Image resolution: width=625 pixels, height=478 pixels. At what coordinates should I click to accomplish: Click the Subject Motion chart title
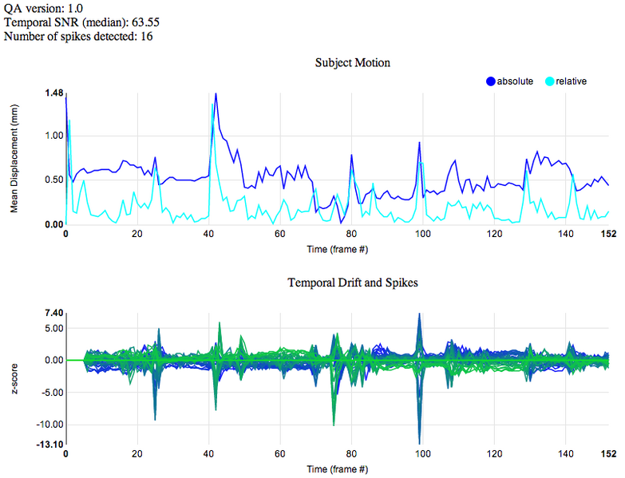click(x=352, y=63)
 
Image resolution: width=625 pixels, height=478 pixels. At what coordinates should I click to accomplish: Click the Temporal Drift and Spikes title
click(x=353, y=282)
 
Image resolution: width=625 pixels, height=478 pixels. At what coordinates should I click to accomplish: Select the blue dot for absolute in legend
click(x=491, y=81)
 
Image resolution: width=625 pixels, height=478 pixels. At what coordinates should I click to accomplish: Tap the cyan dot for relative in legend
click(x=550, y=81)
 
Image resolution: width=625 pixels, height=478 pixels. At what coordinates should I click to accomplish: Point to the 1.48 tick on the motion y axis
click(x=54, y=93)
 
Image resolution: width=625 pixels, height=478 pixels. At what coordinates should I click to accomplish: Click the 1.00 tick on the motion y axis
click(x=54, y=136)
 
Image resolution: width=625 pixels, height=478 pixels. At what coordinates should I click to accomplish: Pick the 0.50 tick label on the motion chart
click(x=54, y=180)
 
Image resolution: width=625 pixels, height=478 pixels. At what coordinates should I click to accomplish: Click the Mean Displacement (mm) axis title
click(x=14, y=159)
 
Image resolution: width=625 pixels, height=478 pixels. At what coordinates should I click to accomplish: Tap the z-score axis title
click(x=14, y=378)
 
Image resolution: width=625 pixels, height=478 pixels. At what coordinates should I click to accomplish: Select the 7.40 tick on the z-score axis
click(x=54, y=313)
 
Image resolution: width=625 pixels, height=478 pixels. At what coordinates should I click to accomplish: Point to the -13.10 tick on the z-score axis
click(x=49, y=444)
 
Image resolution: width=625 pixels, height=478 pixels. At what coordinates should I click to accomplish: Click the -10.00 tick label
click(x=49, y=425)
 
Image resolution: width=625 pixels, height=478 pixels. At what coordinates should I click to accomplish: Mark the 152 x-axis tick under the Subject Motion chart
click(x=609, y=234)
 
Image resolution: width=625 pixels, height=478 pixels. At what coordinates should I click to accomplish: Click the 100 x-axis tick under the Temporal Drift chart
click(x=423, y=454)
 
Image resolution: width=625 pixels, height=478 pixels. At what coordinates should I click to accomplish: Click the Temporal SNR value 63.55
click(x=145, y=22)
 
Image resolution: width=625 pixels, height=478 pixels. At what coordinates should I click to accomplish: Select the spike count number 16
click(x=147, y=36)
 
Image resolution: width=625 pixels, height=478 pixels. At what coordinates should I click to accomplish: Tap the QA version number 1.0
click(x=75, y=8)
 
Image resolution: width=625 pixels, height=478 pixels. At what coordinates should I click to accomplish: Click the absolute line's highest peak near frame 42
click(x=216, y=93)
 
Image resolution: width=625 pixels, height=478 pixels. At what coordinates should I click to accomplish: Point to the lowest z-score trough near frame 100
click(x=419, y=444)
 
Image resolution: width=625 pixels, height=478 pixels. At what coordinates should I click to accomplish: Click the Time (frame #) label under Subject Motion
click(x=337, y=249)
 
